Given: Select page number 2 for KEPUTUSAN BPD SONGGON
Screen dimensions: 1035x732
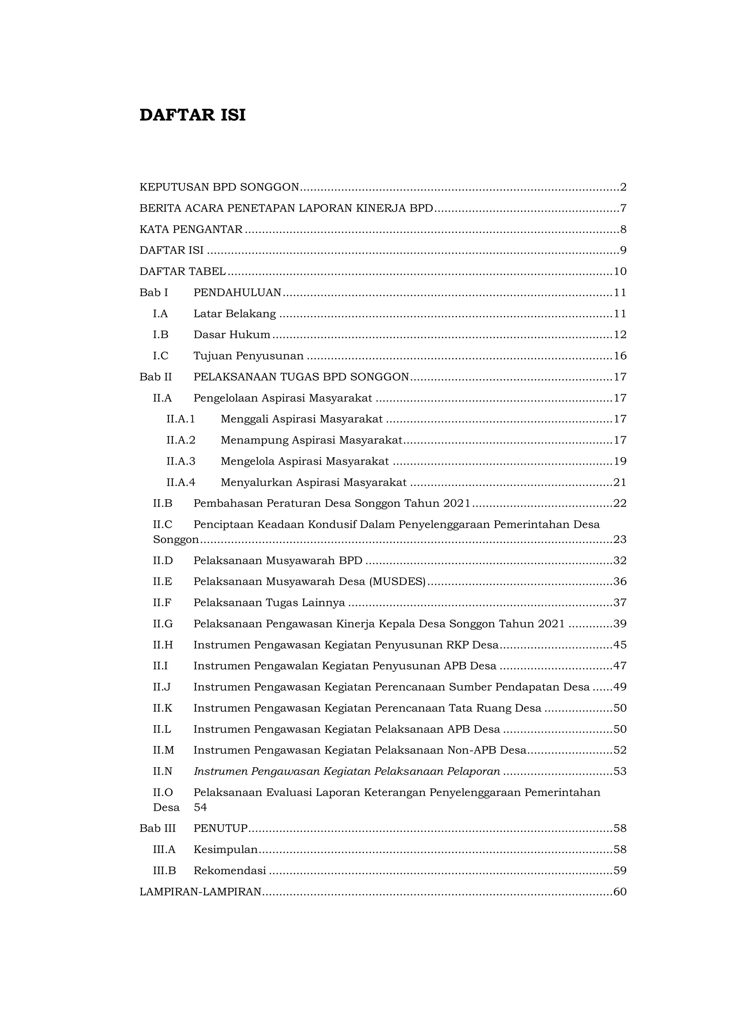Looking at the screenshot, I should tap(623, 187).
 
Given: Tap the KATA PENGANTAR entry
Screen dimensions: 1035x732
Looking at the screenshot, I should tap(191, 229).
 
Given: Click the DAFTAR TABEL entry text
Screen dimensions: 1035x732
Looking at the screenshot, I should tap(183, 271).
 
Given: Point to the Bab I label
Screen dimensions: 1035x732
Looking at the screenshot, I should tap(154, 293).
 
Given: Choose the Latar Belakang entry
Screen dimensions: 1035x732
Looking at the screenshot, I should tap(234, 314).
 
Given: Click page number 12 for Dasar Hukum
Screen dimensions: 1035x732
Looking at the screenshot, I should tap(620, 335).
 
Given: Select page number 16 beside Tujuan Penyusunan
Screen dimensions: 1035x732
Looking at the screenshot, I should tap(620, 356).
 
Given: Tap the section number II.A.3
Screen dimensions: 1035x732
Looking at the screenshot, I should tap(181, 461).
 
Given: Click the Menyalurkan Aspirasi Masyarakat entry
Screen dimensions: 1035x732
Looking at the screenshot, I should tap(313, 482).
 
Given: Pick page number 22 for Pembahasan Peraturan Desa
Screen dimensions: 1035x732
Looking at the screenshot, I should tap(620, 503).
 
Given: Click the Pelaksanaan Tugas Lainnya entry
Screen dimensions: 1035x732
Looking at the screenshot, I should tap(269, 603).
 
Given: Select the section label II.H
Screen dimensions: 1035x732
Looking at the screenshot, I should tap(163, 645).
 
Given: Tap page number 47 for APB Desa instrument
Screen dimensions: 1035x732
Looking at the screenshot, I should tap(620, 666).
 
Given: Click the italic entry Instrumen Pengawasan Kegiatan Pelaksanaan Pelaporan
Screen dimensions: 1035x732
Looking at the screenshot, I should tap(347, 771).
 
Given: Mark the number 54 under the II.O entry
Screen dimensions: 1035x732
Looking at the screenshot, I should tap(200, 807).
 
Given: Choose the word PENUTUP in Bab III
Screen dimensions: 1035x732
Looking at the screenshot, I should tap(221, 828).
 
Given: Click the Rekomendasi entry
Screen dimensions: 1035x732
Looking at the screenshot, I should tap(229, 871).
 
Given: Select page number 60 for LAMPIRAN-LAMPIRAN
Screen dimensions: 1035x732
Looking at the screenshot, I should tap(620, 892).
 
